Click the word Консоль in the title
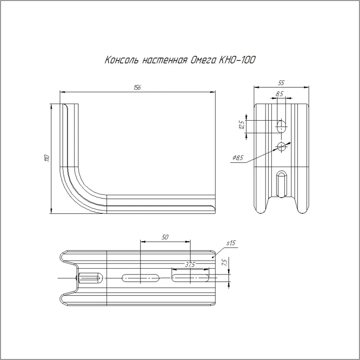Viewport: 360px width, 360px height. tap(121, 60)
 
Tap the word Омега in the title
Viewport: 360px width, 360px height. tap(203, 60)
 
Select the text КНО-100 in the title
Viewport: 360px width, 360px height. tap(237, 60)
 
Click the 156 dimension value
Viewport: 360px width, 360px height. tap(137, 87)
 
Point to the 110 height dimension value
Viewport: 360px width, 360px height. tap(47, 158)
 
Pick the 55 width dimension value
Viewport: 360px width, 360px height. tap(281, 83)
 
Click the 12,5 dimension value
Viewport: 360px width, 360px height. tap(242, 125)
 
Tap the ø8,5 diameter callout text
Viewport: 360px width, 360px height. tap(238, 158)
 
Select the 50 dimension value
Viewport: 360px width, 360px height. tap(165, 237)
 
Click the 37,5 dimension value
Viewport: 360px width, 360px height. tap(190, 265)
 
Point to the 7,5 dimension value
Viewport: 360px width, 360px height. tap(224, 262)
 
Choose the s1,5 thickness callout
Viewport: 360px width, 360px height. tap(231, 243)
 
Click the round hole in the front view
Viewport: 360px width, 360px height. tap(282, 146)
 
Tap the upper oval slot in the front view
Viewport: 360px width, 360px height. tap(282, 126)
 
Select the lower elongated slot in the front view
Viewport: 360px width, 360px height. tap(282, 184)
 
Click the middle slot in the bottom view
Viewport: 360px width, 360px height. tap(141, 278)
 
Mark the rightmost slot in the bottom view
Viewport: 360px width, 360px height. tap(190, 278)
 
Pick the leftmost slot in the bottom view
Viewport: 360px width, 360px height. tap(90, 278)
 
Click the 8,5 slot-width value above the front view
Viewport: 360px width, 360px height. tap(279, 94)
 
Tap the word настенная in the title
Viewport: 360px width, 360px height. tap(164, 60)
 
